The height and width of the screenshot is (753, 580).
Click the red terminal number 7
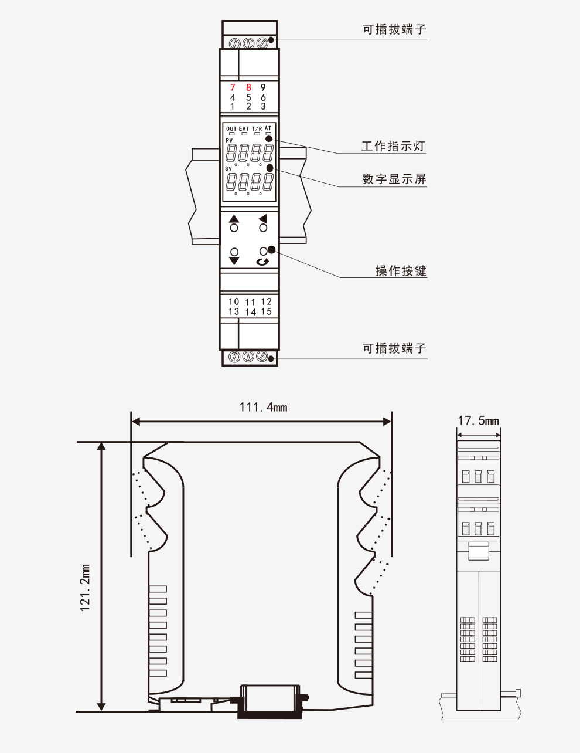pyautogui.click(x=233, y=87)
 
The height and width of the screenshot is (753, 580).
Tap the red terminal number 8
pyautogui.click(x=248, y=87)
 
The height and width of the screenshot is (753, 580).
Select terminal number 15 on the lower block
pyautogui.click(x=266, y=311)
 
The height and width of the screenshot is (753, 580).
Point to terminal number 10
pyautogui.click(x=234, y=301)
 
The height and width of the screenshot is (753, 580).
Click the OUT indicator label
pyautogui.click(x=231, y=129)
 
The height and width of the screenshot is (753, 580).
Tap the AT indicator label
pyautogui.click(x=268, y=128)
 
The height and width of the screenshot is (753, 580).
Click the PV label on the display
pyautogui.click(x=229, y=140)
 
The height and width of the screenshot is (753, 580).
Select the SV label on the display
pyautogui.click(x=228, y=169)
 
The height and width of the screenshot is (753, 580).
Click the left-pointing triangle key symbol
pyautogui.click(x=263, y=219)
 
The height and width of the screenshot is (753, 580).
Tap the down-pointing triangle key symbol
pyautogui.click(x=234, y=261)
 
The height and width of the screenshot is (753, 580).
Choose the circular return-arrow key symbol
pyautogui.click(x=263, y=262)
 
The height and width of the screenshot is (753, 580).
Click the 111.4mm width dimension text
pyautogui.click(x=264, y=407)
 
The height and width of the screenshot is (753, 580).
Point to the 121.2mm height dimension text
pyautogui.click(x=85, y=588)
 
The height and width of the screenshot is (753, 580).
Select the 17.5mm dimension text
pyautogui.click(x=478, y=420)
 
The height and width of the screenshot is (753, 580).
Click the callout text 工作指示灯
pyautogui.click(x=393, y=146)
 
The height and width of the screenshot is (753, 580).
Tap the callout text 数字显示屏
pyautogui.click(x=394, y=179)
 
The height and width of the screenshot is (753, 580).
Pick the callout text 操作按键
pyautogui.click(x=401, y=270)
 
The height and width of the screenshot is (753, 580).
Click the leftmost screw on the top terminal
pyautogui.click(x=236, y=43)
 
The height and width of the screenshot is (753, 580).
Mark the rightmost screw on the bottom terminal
pyautogui.click(x=262, y=356)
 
